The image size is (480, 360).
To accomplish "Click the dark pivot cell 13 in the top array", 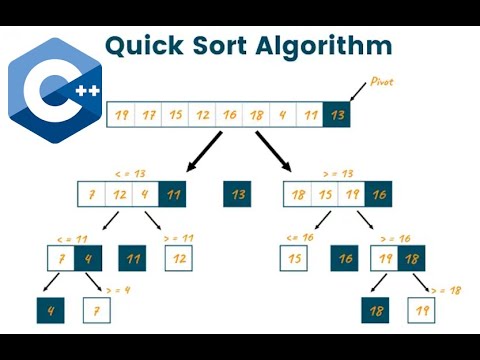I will click(x=337, y=115).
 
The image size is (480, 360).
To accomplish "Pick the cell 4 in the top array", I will click(x=283, y=115).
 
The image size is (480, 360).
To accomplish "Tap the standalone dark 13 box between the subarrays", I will click(x=238, y=195).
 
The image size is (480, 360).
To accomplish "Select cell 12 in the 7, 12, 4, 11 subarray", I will click(x=121, y=195).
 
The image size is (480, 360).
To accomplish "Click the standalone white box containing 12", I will click(x=179, y=259).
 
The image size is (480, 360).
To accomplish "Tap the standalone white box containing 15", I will click(x=295, y=259).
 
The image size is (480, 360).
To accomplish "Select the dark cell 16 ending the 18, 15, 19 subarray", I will click(x=377, y=195).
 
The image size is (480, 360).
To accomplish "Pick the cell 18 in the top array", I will click(x=256, y=115).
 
